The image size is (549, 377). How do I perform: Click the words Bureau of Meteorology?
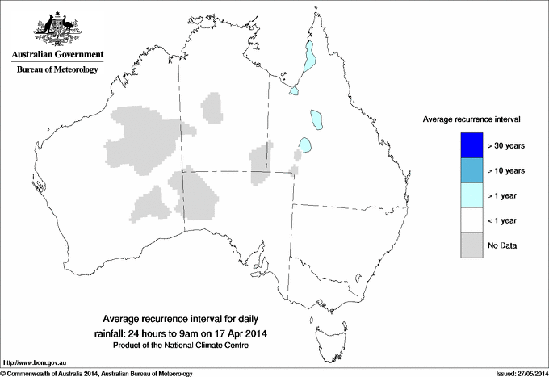[57, 70]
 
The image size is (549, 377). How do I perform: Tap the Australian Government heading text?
[57, 55]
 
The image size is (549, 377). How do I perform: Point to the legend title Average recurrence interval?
[471, 119]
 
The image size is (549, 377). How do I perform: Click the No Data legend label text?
[501, 245]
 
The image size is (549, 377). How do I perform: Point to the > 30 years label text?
[506, 145]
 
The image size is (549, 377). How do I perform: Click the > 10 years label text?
[506, 170]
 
